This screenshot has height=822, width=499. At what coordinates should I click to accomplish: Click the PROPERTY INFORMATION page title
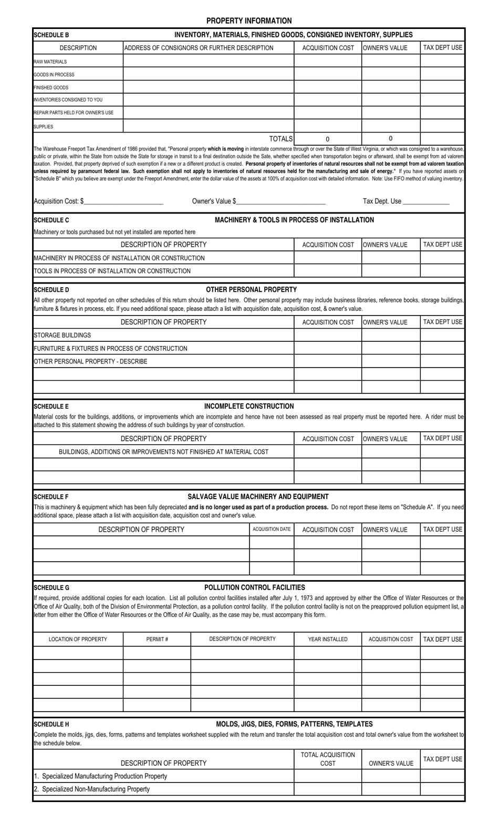[x=248, y=21]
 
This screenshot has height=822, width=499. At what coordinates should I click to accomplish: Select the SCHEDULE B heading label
[x=51, y=35]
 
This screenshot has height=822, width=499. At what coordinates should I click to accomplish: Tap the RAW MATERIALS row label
[x=50, y=62]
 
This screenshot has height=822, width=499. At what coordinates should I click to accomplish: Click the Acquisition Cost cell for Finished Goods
[x=327, y=87]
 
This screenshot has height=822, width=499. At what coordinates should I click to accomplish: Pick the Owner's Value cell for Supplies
[x=390, y=126]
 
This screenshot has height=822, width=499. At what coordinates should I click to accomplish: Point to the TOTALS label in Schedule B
[x=280, y=139]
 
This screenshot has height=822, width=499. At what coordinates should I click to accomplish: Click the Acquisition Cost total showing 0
[x=327, y=139]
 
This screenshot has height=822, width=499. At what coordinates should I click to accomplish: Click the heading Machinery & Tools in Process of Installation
[x=294, y=220]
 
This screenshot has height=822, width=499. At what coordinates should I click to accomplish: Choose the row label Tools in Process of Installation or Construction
[x=112, y=271]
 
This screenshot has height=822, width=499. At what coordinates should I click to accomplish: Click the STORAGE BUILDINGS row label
[x=62, y=335]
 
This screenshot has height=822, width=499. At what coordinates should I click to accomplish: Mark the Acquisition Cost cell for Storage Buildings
[x=327, y=335]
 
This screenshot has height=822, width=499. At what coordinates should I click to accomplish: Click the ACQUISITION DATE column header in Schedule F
[x=271, y=529]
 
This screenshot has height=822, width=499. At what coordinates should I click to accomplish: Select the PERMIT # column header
[x=157, y=639]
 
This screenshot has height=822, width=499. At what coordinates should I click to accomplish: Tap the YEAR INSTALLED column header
[x=327, y=639]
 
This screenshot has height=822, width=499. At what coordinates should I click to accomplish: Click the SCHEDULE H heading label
[x=51, y=724]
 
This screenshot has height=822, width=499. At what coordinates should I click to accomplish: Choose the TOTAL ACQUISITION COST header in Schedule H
[x=327, y=758]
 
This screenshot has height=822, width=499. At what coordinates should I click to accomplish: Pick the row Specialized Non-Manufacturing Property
[x=92, y=789]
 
